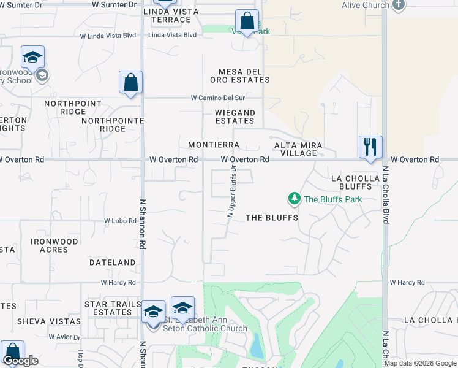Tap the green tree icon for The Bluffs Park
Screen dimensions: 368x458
tap(295, 199)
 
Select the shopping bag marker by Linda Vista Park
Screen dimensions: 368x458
tap(247, 21)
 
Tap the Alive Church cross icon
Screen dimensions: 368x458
tap(399, 5)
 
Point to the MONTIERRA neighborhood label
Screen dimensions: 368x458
tap(213, 145)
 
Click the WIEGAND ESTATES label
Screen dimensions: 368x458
tap(235, 117)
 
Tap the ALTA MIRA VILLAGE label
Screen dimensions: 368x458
tap(298, 149)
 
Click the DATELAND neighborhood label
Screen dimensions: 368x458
tap(112, 263)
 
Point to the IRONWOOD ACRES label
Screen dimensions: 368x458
tap(54, 245)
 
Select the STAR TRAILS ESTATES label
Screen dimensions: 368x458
tap(108, 308)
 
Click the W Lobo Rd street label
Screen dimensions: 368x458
tap(120, 221)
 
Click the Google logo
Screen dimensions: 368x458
tap(20, 361)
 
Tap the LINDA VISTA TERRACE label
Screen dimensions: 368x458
tap(167, 15)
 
